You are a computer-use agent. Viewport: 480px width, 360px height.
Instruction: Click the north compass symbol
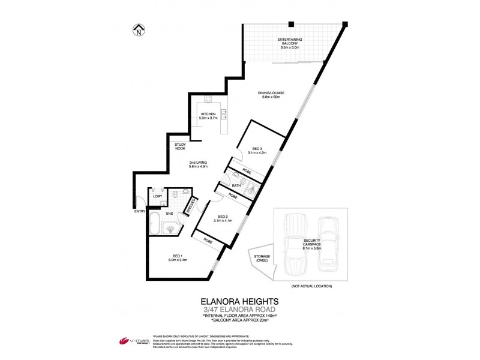click(139, 29)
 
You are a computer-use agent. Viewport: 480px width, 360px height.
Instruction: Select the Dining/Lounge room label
click(272, 95)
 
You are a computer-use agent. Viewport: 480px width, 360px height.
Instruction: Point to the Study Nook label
click(180, 146)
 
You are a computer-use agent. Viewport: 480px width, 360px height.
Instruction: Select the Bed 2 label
click(223, 218)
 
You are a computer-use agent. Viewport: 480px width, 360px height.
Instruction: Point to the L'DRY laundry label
click(158, 197)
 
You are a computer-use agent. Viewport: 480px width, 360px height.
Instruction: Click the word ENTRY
click(140, 211)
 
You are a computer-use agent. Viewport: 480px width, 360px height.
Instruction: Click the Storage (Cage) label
click(262, 259)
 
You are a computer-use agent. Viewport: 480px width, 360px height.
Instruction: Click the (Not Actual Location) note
click(311, 286)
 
